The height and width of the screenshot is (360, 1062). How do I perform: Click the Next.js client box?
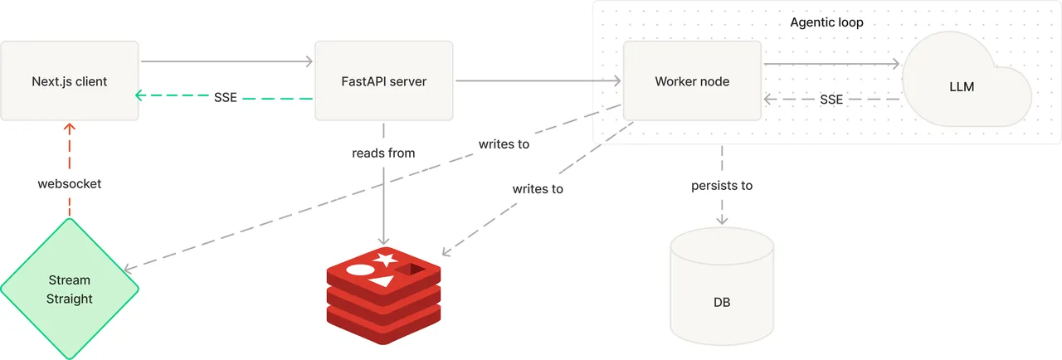[x=70, y=81]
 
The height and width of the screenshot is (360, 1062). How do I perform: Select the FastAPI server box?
[x=384, y=81]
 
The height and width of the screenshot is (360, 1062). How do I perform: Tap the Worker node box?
[x=692, y=81]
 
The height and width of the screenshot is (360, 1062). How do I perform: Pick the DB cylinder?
[x=722, y=286]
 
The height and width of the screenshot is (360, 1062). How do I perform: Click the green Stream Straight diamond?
[x=70, y=289]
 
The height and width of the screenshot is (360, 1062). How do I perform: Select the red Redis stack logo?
[x=383, y=295]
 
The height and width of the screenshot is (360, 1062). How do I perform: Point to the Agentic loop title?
[x=826, y=22]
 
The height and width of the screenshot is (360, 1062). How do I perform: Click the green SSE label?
[x=225, y=98]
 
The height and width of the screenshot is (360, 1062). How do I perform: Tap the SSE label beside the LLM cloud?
[x=831, y=100]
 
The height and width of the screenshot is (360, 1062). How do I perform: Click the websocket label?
[x=70, y=184]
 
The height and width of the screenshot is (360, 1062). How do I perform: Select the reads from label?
[x=383, y=153]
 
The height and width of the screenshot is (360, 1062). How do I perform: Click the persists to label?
[x=722, y=186]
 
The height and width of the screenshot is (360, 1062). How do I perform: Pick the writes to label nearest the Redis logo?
[x=538, y=189]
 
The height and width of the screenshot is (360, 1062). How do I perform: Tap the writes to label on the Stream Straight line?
[x=504, y=144]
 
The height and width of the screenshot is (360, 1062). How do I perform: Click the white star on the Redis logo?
[x=385, y=259]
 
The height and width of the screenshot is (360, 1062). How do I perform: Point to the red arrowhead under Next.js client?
[x=70, y=128]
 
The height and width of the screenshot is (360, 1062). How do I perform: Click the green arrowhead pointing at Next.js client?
[x=140, y=95]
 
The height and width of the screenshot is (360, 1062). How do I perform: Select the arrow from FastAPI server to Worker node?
[x=538, y=80]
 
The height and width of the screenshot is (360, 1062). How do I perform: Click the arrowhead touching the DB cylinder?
[x=722, y=219]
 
